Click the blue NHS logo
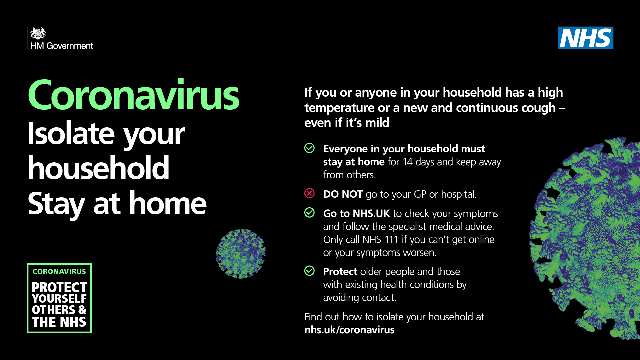[x=586, y=38]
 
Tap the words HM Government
[x=62, y=46]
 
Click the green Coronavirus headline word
[x=133, y=95]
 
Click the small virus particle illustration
[x=241, y=253]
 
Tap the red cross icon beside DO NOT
[x=309, y=193]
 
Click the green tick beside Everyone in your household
[x=309, y=148]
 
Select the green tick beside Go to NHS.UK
[x=309, y=212]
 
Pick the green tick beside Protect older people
[x=309, y=271]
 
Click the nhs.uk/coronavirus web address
[x=349, y=330]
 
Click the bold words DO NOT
[x=343, y=194]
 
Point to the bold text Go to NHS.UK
[x=357, y=213]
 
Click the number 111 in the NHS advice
[x=391, y=240]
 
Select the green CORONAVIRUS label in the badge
[x=59, y=272]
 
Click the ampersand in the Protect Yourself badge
[x=82, y=310]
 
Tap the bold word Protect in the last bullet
[x=340, y=272]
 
